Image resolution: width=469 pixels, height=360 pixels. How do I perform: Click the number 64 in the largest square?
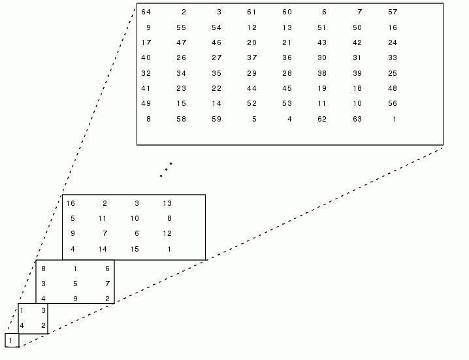click(x=146, y=12)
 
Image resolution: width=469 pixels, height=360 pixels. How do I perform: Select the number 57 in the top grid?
click(x=392, y=12)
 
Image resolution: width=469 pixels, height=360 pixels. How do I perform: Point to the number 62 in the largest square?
click(x=321, y=118)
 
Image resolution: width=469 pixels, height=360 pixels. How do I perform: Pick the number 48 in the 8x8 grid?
click(x=392, y=88)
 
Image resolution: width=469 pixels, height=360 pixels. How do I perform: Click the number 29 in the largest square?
click(x=251, y=73)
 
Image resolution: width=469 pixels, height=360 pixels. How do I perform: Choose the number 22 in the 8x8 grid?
click(x=216, y=88)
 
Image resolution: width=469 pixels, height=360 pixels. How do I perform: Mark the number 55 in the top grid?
click(x=181, y=27)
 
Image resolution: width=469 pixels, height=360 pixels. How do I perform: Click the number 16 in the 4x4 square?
click(x=71, y=203)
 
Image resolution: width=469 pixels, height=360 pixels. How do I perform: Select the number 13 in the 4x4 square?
click(x=167, y=203)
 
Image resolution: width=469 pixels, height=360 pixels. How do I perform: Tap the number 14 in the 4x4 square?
click(x=103, y=249)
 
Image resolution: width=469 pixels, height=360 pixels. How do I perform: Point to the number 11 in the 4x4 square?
click(x=103, y=218)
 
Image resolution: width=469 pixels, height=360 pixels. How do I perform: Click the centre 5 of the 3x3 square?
click(x=76, y=284)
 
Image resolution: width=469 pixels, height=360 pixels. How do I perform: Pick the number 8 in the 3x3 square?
click(x=44, y=269)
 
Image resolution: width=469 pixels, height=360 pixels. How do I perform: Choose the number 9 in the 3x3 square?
click(x=76, y=299)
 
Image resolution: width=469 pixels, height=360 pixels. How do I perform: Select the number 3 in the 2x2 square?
click(x=43, y=310)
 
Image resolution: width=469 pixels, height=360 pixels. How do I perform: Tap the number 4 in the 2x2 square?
click(x=22, y=325)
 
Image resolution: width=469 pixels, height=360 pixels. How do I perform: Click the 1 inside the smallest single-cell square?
click(x=11, y=340)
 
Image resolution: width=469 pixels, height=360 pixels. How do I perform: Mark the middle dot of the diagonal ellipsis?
click(x=166, y=169)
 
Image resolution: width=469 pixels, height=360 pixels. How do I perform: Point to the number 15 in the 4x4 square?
click(x=135, y=249)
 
